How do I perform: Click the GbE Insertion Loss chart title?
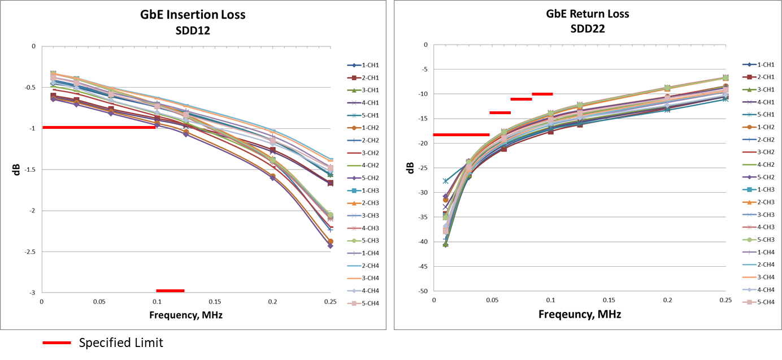193,15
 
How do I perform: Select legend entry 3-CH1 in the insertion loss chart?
370,90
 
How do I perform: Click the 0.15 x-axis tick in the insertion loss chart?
215,302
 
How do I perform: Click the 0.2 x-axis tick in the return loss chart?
667,300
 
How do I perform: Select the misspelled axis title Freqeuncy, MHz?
579,314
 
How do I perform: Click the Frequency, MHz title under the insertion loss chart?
185,315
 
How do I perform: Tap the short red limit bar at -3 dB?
170,290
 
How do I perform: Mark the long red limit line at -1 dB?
99,127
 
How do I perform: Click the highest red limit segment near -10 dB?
542,94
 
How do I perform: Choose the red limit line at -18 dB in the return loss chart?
461,135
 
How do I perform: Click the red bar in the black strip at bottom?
57,342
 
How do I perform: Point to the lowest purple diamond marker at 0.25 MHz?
330,246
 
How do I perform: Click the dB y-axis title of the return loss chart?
410,168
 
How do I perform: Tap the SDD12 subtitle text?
193,31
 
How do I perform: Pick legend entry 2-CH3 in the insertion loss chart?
370,203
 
